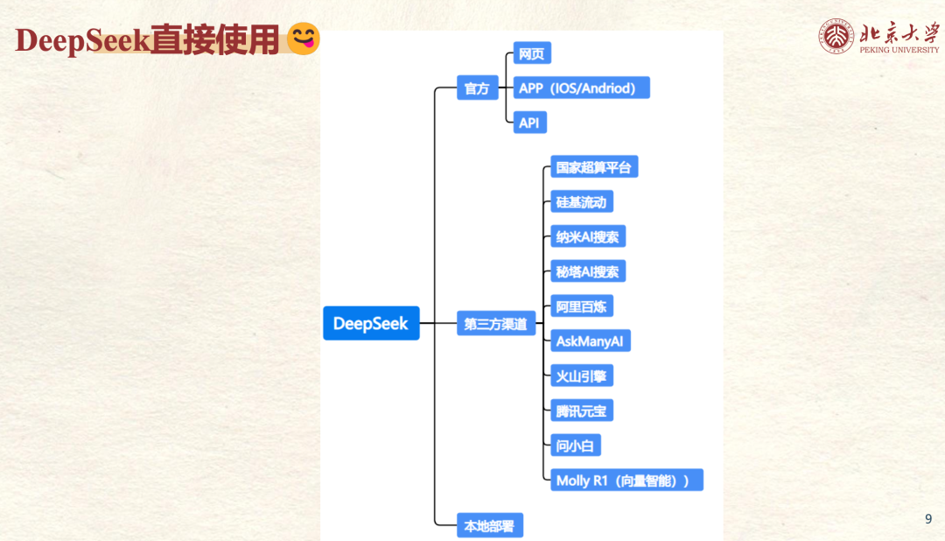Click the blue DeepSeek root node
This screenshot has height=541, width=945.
point(371,323)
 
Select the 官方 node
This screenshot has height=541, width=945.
point(477,88)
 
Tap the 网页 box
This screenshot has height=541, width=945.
point(531,53)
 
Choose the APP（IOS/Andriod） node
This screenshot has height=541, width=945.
point(581,88)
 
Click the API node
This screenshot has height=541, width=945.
point(529,123)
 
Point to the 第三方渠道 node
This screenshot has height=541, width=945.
point(496,324)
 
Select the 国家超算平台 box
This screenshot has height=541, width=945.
point(593,167)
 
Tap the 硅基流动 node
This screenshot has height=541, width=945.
point(581,202)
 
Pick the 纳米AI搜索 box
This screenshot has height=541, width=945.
point(587,236)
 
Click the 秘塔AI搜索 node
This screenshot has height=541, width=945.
point(587,271)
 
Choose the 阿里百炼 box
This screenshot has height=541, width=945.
point(581,306)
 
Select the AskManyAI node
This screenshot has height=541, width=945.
point(590,341)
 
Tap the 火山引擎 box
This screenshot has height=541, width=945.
point(581,376)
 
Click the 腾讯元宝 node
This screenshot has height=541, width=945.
point(581,411)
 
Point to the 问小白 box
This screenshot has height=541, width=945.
point(575,446)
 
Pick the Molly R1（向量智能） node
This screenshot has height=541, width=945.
point(626,480)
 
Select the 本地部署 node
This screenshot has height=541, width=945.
point(490,525)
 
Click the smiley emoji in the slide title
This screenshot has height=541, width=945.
point(304,39)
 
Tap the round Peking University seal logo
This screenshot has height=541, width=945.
point(837,36)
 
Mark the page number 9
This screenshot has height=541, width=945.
point(928,519)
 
